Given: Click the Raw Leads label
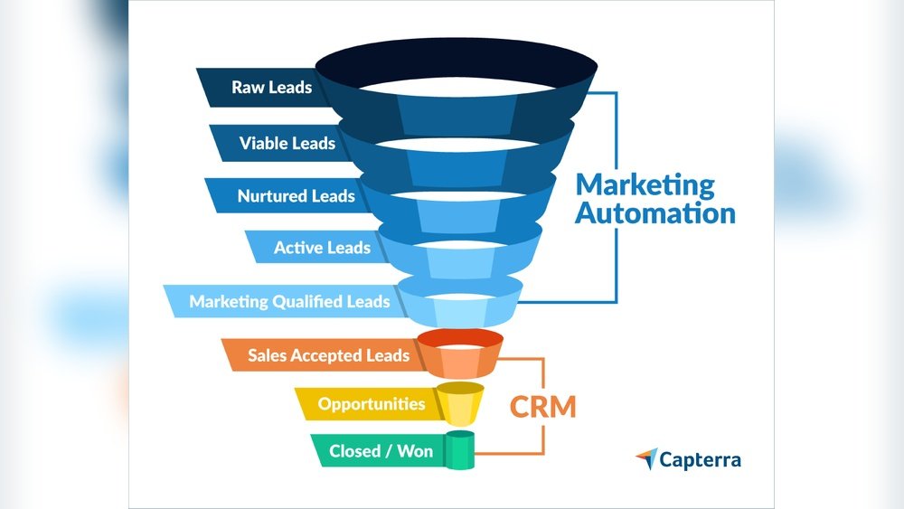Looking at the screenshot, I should point(271,88).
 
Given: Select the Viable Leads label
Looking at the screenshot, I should point(287,143).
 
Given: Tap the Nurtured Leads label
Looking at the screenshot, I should point(296,195).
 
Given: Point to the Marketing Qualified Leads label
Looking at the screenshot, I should point(289,302).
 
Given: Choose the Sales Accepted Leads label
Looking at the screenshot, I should point(328,355).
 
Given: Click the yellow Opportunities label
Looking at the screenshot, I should point(371,403).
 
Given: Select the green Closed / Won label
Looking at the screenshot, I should point(381,450).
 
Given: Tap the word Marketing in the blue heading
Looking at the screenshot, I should point(645,184).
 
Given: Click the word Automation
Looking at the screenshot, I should point(655,213).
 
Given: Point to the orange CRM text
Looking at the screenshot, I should point(542,406).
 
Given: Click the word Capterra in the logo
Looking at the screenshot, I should point(700,459).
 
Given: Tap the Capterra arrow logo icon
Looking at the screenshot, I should point(646,458).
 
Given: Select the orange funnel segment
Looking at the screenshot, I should point(459,355).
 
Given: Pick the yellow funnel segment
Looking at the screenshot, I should point(459,405).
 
